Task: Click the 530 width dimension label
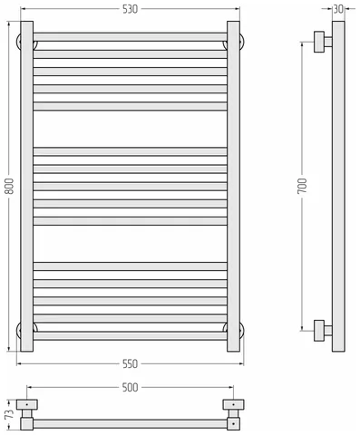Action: click(x=130, y=9)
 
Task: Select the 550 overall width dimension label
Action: click(x=130, y=363)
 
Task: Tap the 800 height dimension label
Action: click(x=10, y=187)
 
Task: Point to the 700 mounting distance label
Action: click(x=302, y=186)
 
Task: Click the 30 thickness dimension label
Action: click(x=338, y=9)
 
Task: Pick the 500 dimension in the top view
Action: click(x=130, y=387)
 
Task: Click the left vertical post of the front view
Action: click(x=27, y=187)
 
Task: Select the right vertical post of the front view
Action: click(x=233, y=187)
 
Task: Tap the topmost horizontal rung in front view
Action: click(x=130, y=37)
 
